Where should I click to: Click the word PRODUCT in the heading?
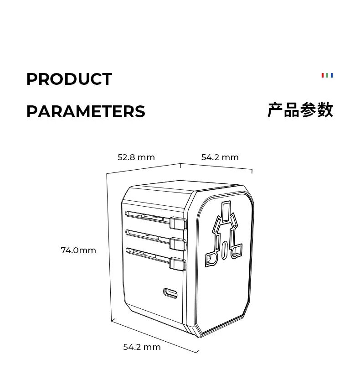[x=69, y=79]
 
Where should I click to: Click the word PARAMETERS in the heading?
[x=86, y=112]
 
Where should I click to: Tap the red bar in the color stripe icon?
[x=323, y=75]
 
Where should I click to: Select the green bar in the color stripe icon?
[x=327, y=75]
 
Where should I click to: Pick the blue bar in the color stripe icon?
[x=332, y=75]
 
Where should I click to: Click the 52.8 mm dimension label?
[x=136, y=157]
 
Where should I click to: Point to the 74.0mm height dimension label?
[x=78, y=250]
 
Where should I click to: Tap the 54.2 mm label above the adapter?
[x=220, y=157]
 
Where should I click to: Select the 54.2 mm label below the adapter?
[x=142, y=347]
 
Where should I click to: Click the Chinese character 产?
[x=275, y=110]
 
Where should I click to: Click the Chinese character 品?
[x=292, y=110]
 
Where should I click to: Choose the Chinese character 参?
[x=309, y=110]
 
